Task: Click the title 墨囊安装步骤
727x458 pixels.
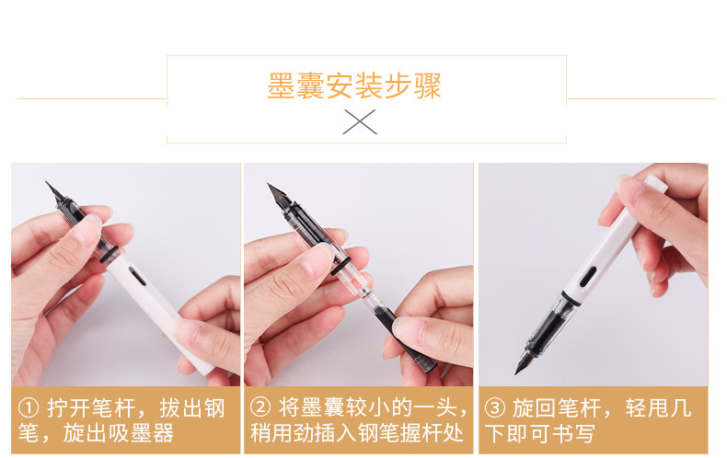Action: click(x=353, y=86)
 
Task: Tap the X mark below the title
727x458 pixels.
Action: click(x=360, y=122)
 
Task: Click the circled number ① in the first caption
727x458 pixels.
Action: click(x=29, y=408)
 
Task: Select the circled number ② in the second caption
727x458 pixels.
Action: click(x=260, y=407)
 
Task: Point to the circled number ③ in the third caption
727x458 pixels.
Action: click(x=494, y=408)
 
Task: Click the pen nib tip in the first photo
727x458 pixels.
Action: click(x=45, y=181)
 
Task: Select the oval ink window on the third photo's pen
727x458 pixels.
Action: click(x=588, y=276)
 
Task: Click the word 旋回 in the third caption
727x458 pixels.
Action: click(x=534, y=408)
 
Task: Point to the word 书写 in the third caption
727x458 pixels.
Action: click(x=572, y=434)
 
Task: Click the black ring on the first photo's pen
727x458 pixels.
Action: click(x=110, y=254)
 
